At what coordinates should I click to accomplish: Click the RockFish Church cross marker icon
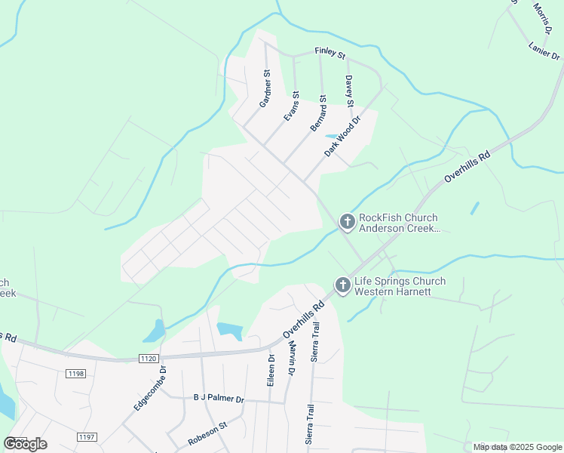click(347, 221)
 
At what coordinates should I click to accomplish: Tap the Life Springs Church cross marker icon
click(342, 285)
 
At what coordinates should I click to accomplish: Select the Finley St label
click(330, 55)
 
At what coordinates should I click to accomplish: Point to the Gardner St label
click(265, 88)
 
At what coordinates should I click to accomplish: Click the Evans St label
click(291, 106)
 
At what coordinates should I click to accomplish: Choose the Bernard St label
click(318, 112)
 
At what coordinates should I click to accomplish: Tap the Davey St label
click(349, 91)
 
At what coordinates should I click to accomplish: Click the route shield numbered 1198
click(75, 374)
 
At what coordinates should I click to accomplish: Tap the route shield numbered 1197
click(87, 436)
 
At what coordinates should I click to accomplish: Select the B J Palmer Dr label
click(219, 398)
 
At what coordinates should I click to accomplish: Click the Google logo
click(25, 443)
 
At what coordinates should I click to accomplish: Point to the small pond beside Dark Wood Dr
click(332, 137)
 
